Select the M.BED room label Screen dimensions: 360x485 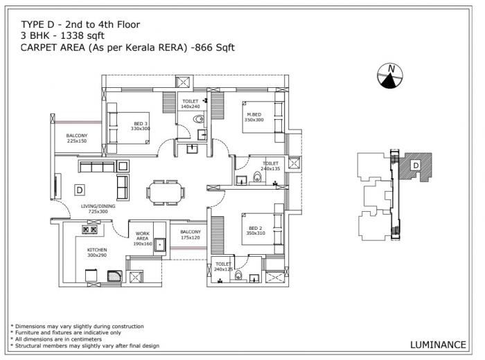254,116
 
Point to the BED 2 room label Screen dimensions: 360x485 255,231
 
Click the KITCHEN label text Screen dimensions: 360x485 97,252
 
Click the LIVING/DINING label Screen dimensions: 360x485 98,208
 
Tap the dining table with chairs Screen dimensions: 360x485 165,189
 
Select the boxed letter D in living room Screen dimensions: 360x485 80,189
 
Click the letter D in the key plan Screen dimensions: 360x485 415,165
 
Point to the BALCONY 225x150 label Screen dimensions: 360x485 77,138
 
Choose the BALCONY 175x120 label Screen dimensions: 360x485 190,235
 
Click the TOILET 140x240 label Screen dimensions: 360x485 190,104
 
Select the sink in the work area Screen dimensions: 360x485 159,244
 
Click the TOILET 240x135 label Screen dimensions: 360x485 270,166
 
